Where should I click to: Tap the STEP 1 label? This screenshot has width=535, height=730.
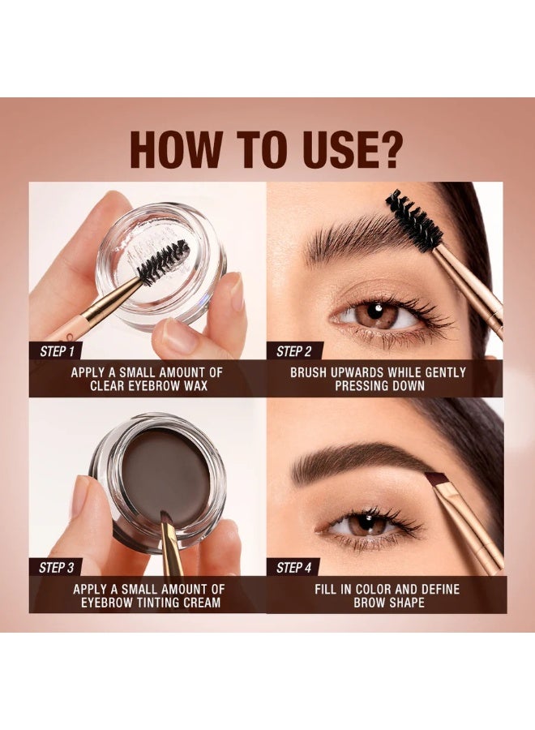tap(56, 351)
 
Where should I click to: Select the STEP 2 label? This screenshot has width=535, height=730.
tap(294, 351)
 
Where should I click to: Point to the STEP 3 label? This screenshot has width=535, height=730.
tap(56, 568)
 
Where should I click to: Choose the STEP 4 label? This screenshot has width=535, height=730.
tap(294, 568)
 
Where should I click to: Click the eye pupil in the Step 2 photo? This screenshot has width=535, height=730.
tap(378, 313)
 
